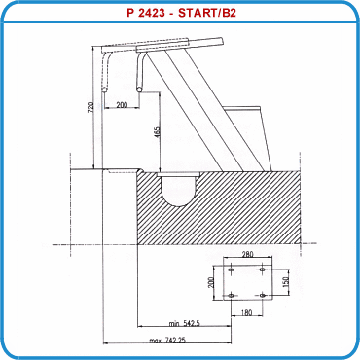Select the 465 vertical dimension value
(x=156, y=132)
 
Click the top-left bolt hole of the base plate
(x=230, y=269)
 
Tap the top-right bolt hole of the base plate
(x=263, y=269)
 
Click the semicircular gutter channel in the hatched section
(x=181, y=190)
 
